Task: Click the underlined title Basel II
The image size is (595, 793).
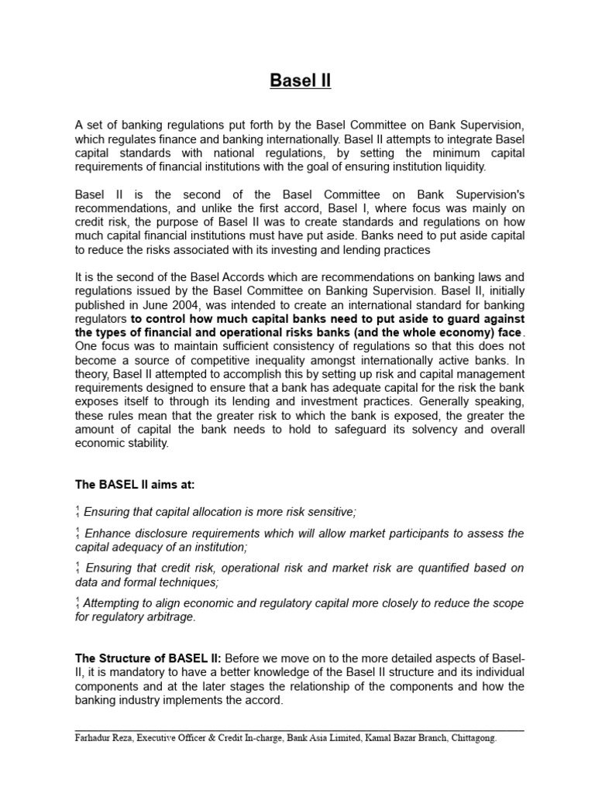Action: click(x=300, y=81)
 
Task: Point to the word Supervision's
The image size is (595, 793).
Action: click(x=486, y=194)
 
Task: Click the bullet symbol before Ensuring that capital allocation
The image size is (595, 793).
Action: click(x=77, y=512)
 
